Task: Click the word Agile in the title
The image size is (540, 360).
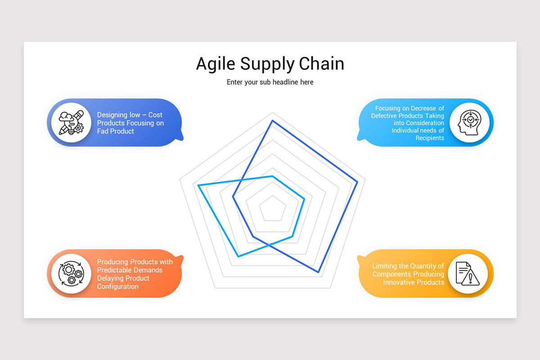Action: click(216, 64)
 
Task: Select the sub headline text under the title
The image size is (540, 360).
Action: click(270, 82)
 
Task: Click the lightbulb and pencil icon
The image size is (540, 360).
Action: click(71, 122)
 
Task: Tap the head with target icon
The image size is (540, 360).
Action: click(469, 122)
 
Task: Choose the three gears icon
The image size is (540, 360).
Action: click(71, 273)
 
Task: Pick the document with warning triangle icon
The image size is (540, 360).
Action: click(468, 273)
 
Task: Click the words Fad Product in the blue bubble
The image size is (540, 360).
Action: click(116, 131)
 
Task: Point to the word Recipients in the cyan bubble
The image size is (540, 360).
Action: click(430, 138)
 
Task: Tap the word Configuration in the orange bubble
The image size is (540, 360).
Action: click(118, 287)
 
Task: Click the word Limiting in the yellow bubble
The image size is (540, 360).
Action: click(385, 266)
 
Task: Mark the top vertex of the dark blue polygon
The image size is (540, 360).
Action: click(272, 121)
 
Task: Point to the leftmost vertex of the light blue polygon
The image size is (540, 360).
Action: click(198, 185)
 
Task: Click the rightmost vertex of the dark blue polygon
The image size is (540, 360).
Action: click(357, 182)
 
